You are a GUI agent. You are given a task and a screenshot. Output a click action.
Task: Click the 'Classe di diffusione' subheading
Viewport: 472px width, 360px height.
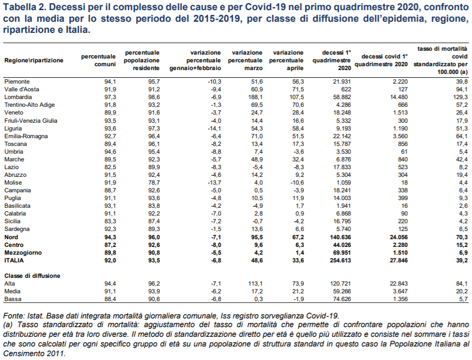(32, 275)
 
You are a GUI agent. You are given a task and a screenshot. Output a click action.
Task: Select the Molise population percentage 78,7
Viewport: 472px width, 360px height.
(153, 183)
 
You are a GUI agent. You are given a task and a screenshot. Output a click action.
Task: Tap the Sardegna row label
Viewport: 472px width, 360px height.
(17, 229)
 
